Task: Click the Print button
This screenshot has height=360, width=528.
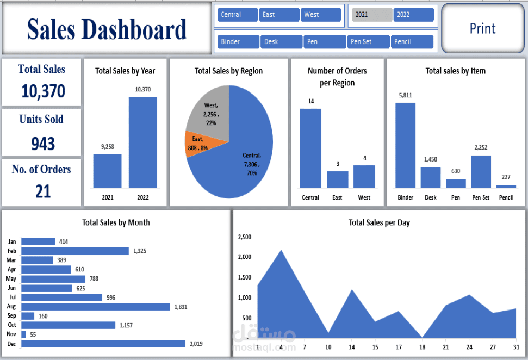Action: click(482, 29)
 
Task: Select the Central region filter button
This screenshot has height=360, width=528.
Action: click(237, 15)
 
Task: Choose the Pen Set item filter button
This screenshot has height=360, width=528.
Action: click(368, 41)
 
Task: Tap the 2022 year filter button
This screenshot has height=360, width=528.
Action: click(413, 15)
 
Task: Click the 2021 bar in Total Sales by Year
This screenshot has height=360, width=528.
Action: click(107, 171)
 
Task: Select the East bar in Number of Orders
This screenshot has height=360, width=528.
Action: click(337, 179)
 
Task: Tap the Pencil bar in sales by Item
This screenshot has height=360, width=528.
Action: click(506, 186)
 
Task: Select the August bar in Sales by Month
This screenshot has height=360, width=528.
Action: click(95, 307)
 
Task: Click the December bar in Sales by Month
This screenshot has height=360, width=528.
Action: click(103, 344)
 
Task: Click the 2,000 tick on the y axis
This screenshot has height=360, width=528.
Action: click(245, 257)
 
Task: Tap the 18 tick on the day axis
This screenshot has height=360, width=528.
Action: click(423, 347)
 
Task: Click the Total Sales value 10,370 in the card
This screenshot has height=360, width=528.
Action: click(43, 91)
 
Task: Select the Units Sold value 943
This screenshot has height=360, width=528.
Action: click(43, 144)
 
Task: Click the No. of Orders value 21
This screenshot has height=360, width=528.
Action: click(43, 191)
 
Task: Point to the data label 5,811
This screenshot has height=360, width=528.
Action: click(405, 95)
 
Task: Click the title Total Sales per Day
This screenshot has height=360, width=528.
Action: click(379, 222)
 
